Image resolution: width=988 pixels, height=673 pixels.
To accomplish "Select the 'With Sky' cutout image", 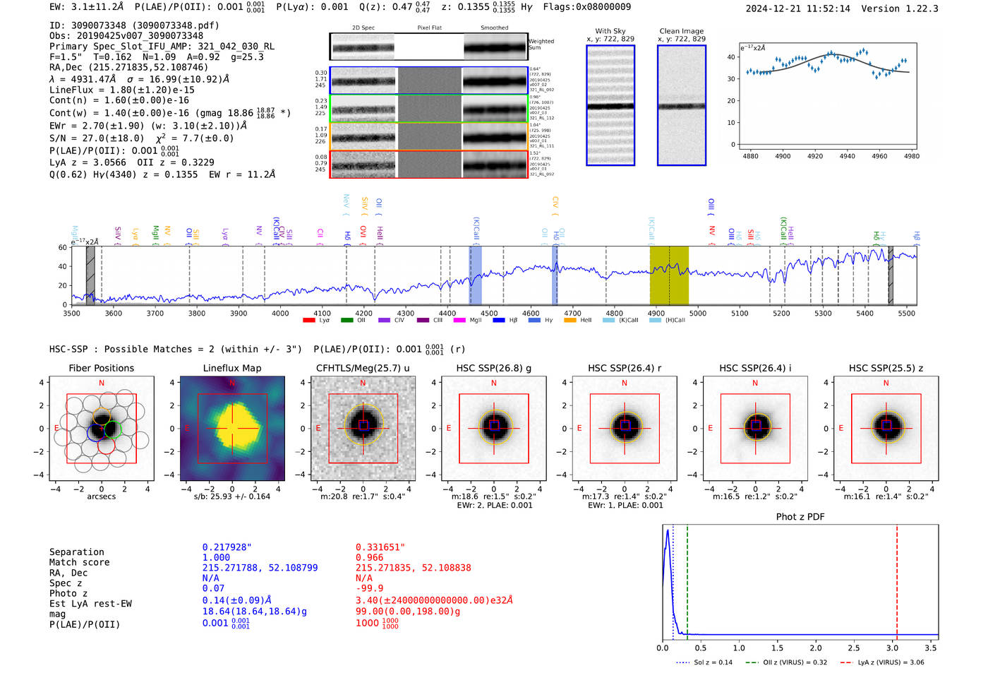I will pyautogui.click(x=610, y=105).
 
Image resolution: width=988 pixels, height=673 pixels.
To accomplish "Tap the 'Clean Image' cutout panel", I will pyautogui.click(x=681, y=105).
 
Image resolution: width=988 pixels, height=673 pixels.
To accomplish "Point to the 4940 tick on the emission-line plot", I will pyautogui.click(x=847, y=156).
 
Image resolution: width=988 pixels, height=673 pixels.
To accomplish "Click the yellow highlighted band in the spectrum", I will pyautogui.click(x=668, y=275).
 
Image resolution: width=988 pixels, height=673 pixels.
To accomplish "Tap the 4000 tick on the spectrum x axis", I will pyautogui.click(x=280, y=313).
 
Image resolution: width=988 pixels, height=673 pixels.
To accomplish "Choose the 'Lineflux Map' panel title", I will pyautogui.click(x=231, y=368).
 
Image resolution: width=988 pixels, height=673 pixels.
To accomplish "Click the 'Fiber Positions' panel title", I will pyautogui.click(x=101, y=368).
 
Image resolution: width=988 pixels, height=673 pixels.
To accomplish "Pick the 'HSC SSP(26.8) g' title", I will pyautogui.click(x=493, y=368).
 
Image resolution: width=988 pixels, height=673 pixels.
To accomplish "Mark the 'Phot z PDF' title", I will pyautogui.click(x=800, y=517).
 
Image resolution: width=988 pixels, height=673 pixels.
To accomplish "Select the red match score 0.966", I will pyautogui.click(x=369, y=557).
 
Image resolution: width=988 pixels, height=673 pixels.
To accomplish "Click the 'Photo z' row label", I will pyautogui.click(x=68, y=593).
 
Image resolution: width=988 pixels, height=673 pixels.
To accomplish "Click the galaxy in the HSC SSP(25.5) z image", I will pyautogui.click(x=886, y=426).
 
